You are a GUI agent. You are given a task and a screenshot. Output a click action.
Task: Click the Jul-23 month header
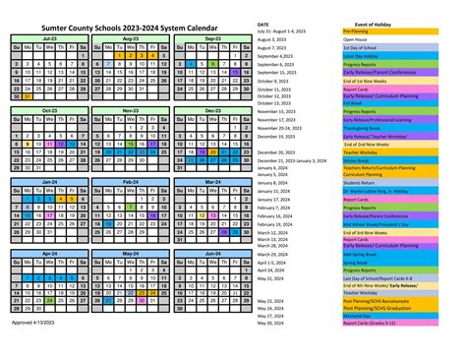(x=48, y=38)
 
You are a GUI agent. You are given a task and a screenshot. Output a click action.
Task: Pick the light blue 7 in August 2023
(x=107, y=64)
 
